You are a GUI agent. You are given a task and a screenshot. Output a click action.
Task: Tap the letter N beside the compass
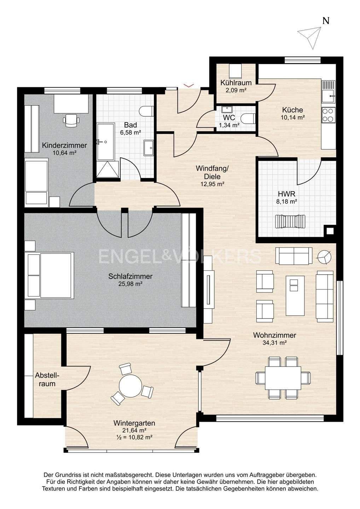tap(326, 21)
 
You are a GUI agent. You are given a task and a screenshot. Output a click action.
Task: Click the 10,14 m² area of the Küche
tap(293, 117)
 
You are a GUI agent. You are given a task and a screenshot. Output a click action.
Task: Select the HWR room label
tap(286, 194)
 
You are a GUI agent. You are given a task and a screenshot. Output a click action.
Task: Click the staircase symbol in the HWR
tap(290, 222)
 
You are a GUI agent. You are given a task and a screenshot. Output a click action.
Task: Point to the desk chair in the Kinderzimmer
tap(71, 120)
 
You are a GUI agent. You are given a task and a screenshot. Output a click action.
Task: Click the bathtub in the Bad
tap(106, 142)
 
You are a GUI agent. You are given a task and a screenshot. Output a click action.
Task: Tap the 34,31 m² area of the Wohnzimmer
tap(274, 343)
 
